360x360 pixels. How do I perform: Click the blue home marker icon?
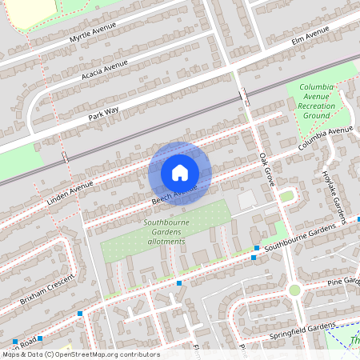coord(180,173)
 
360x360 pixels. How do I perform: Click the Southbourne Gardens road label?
coord(311,237)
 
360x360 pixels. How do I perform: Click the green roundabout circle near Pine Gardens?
coord(294,290)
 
